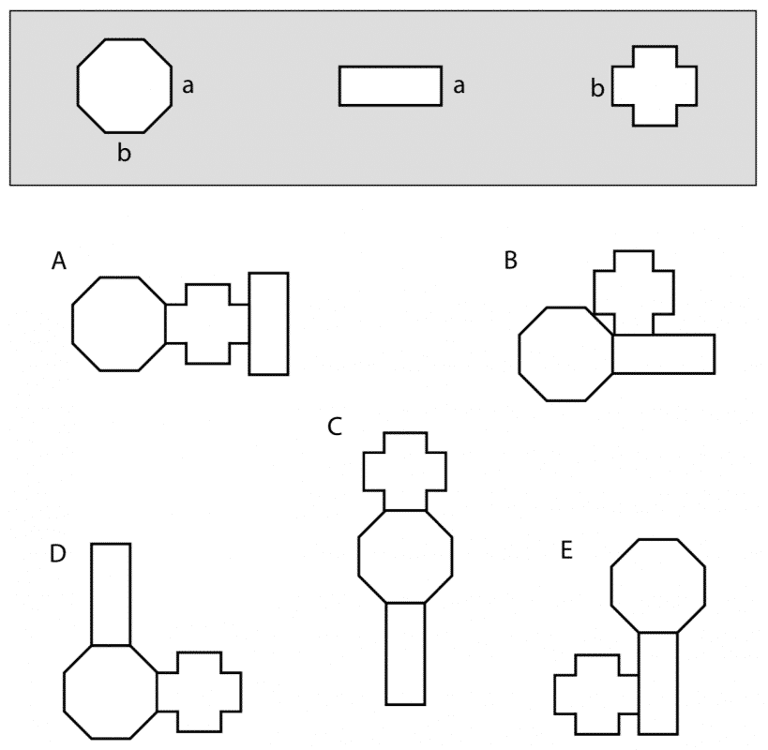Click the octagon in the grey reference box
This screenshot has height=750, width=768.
[x=125, y=85]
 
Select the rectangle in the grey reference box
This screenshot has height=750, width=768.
[x=390, y=86]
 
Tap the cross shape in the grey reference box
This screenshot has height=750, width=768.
[x=655, y=86]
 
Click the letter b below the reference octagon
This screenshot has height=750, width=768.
[x=124, y=152]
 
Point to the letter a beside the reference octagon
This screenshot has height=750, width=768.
[x=188, y=86]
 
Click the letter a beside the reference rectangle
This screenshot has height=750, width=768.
[x=459, y=86]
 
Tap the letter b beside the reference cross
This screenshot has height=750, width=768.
[x=597, y=88]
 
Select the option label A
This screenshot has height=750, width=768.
[x=59, y=261]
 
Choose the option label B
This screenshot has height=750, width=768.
[x=511, y=261]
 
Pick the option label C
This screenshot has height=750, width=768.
[x=335, y=427]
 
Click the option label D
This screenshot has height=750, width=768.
[x=58, y=554]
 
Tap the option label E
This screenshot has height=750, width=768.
[x=566, y=550]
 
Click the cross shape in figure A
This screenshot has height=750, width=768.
[x=207, y=324]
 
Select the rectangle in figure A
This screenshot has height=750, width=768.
[x=268, y=324]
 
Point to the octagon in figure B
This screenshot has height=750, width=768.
[x=565, y=354]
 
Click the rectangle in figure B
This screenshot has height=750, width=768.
[x=664, y=354]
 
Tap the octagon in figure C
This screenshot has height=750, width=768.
[x=405, y=557]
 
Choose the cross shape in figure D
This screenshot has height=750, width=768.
[x=200, y=692]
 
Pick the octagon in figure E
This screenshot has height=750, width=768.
[x=658, y=586]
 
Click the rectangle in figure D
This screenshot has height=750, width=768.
[x=111, y=594]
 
